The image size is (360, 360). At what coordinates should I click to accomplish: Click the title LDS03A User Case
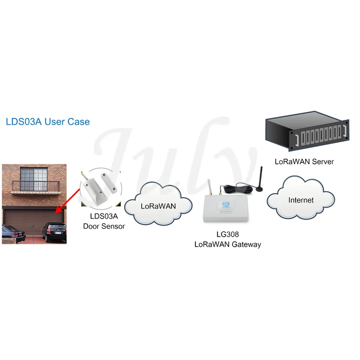pos(48,121)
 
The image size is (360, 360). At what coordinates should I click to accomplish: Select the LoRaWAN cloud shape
pos(158,204)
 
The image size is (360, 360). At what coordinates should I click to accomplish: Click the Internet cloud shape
pos(301,198)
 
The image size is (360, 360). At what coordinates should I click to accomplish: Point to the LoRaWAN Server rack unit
pos(307,131)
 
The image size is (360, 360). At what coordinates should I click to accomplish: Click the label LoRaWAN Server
pos(304,162)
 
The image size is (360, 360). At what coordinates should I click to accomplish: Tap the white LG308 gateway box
pos(226,208)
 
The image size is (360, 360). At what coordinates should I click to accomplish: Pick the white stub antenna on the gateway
pos(210,187)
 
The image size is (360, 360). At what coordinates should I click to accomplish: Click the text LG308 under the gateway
pos(228,234)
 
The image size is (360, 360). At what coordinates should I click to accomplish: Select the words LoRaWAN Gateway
pos(228,244)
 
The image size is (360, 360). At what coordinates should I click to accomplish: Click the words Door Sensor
pos(104,226)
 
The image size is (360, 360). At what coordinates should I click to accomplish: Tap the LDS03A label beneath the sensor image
pos(104,216)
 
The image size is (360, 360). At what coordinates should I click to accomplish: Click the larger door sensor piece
pos(94,191)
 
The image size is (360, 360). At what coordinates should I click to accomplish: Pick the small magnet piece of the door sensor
pos(109,182)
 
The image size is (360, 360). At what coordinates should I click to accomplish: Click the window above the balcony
pos(34,179)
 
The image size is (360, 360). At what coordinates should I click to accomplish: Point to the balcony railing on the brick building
pos(36,187)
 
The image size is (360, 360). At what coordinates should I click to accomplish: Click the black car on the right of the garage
pos(54,232)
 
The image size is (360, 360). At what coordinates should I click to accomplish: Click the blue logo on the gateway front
pos(226,204)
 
